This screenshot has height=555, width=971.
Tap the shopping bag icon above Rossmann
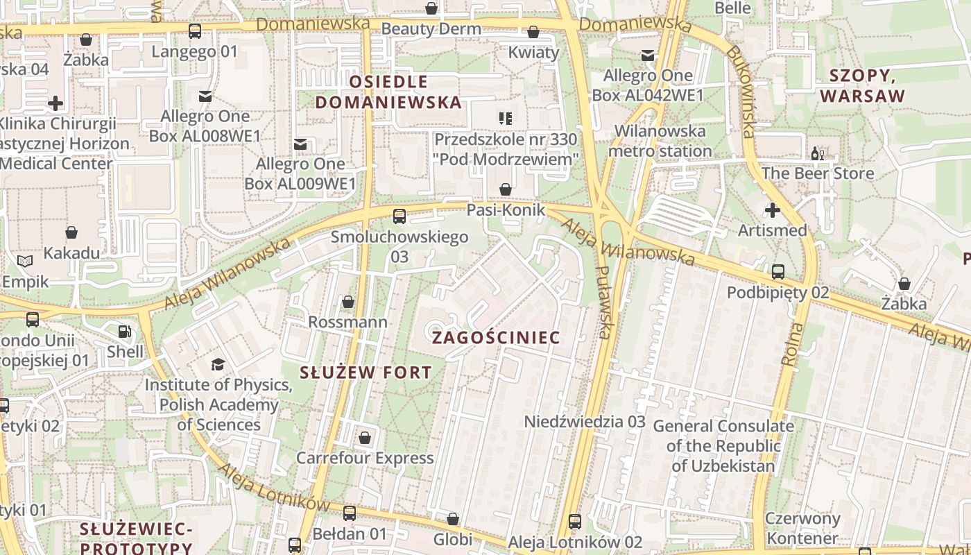(348, 302)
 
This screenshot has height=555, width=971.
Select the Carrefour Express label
(365, 458)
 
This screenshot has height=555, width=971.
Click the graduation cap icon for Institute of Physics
(218, 364)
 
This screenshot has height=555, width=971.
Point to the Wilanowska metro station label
(660, 141)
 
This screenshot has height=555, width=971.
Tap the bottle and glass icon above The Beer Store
(818, 153)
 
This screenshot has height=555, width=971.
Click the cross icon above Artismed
(772, 210)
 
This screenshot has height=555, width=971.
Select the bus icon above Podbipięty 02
(778, 272)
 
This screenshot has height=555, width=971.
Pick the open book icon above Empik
(25, 262)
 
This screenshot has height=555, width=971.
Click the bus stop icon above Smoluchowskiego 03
(399, 216)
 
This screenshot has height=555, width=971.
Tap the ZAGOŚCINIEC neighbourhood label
(495, 338)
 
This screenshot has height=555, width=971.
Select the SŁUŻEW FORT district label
(366, 372)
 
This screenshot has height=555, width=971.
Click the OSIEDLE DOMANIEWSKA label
(388, 92)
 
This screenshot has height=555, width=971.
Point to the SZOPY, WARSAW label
(863, 86)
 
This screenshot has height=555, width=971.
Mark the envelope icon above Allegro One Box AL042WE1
(648, 55)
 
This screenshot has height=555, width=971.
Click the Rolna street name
(792, 344)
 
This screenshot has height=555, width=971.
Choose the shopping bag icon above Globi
(453, 519)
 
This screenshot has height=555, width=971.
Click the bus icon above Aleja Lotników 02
(575, 522)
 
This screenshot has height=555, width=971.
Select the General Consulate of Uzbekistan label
(723, 445)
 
